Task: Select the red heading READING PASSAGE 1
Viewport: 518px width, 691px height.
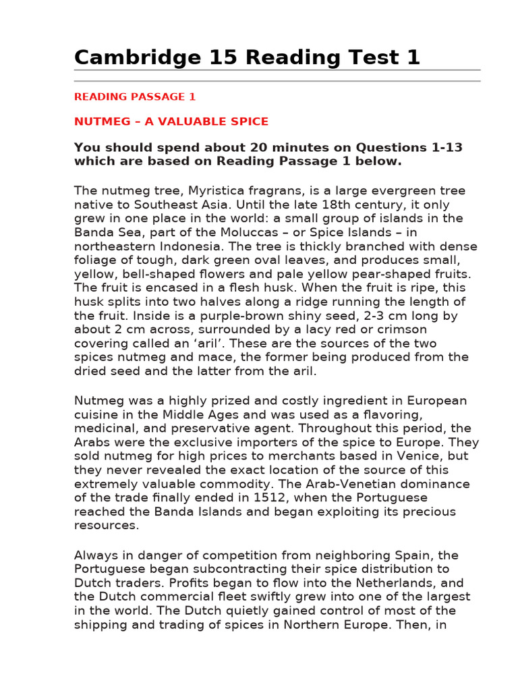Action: tap(135, 96)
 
